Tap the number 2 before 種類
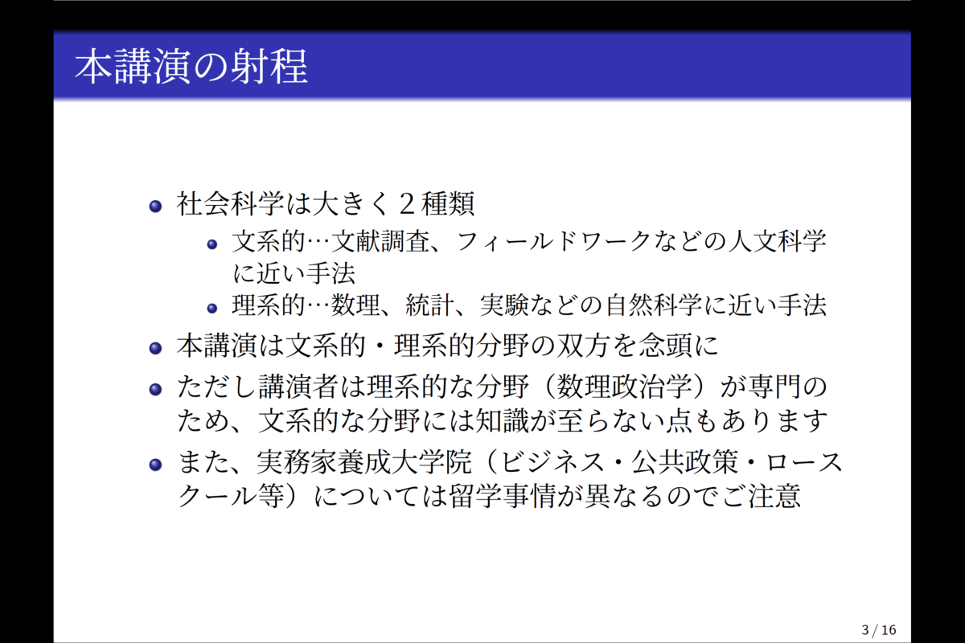408,203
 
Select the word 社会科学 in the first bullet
230,203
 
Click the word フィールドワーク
553,241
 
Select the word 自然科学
655,305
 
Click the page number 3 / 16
879,630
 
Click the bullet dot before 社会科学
155,207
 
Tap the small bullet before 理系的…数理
212,309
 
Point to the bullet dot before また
155,465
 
